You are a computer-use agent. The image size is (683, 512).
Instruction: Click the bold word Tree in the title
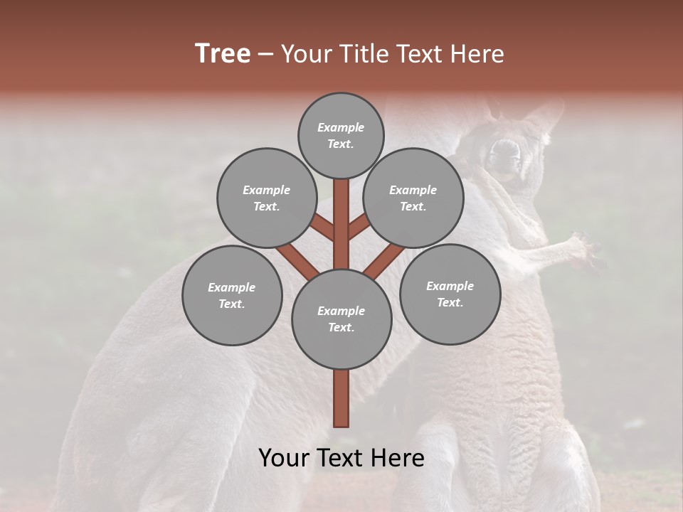coord(223,54)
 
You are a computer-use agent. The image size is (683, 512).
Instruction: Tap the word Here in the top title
coord(477,54)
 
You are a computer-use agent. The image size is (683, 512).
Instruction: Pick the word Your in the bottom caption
coord(284,458)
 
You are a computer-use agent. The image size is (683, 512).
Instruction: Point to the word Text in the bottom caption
coord(341,458)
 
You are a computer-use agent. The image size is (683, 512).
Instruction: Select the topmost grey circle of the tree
coord(341,135)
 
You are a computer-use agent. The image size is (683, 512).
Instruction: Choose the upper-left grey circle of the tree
coord(267,198)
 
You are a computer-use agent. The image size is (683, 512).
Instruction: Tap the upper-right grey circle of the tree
coord(413,198)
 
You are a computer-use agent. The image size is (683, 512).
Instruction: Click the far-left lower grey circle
coord(232,295)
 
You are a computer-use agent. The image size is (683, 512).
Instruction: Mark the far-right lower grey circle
coord(450,294)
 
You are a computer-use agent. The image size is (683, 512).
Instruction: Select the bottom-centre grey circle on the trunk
coord(341,319)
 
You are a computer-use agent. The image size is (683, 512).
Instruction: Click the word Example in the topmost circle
coord(341,128)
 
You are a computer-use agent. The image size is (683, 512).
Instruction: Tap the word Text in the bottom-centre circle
coord(341,328)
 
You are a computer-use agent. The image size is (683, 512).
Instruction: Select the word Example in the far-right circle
coord(450,286)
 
